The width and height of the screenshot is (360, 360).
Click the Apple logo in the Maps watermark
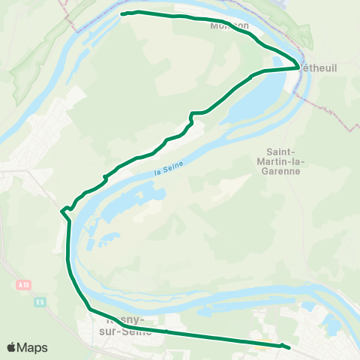pos(13,347)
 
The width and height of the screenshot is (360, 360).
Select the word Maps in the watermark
pos(33,347)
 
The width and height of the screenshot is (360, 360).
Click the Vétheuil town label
pos(319,67)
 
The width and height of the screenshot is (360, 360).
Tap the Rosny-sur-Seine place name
pos(124,325)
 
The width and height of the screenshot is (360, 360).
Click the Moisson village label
pos(230,25)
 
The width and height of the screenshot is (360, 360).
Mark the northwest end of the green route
pos(122,13)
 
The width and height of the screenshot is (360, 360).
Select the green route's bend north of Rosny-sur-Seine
pos(90,308)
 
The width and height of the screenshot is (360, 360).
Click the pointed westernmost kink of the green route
pos(61,212)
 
